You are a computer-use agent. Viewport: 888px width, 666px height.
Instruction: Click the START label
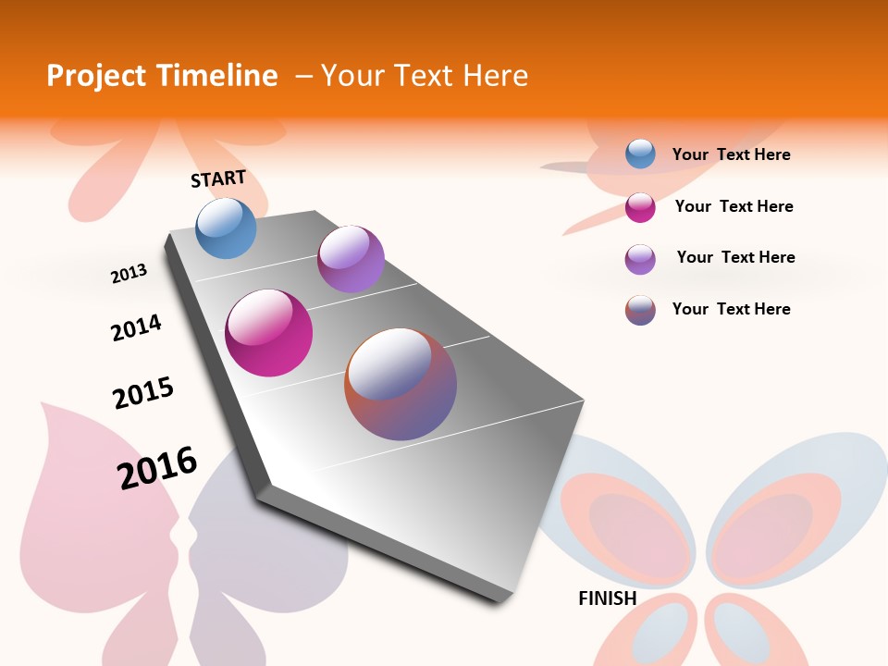tap(218, 179)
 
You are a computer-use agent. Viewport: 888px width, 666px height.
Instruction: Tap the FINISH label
tap(608, 598)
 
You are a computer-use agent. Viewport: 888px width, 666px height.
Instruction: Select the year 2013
tap(129, 274)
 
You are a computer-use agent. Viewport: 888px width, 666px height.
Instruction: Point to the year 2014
tap(136, 327)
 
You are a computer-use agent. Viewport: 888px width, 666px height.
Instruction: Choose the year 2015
tap(143, 393)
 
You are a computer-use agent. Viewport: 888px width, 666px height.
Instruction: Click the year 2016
tap(157, 468)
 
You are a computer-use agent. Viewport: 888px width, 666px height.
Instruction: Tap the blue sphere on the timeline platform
tap(227, 228)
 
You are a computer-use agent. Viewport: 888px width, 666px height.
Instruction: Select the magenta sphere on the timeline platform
tap(269, 333)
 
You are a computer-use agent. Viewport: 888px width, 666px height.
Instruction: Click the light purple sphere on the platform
tap(351, 259)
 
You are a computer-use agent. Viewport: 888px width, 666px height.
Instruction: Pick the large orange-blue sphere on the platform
tap(401, 384)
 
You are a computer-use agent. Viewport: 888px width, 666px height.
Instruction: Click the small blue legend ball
tap(640, 154)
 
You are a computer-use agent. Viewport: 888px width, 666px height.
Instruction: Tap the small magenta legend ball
tap(640, 207)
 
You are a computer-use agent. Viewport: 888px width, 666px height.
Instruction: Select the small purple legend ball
tap(640, 259)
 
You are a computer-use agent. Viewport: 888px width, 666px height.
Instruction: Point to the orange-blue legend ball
tap(640, 310)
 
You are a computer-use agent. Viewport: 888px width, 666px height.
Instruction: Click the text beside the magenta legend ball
tap(734, 206)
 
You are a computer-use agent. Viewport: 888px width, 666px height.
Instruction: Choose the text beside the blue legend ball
tap(731, 154)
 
